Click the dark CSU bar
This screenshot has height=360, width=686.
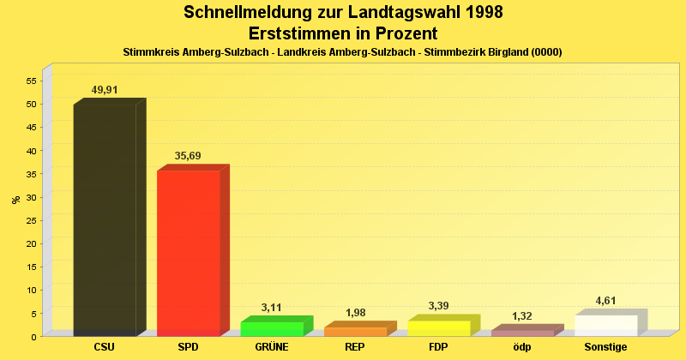point(105,219)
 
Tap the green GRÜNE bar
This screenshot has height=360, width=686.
point(272,328)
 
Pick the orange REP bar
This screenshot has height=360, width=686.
point(355,331)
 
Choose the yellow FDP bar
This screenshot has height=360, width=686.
point(439,327)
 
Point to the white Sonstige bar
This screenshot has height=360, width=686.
point(606,325)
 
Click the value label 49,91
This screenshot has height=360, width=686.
point(105,89)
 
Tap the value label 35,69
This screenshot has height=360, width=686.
point(188,155)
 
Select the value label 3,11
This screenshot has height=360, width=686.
point(272,307)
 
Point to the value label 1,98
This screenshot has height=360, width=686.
point(355,312)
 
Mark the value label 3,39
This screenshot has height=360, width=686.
point(439,306)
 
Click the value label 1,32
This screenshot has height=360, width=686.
point(522,315)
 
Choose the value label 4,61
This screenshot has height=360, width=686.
point(606,300)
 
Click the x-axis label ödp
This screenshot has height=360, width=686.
point(522,347)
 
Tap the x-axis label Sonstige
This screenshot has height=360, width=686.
point(606,347)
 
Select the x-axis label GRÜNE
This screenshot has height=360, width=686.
point(272,347)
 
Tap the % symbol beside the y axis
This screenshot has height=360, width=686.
point(15,200)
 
